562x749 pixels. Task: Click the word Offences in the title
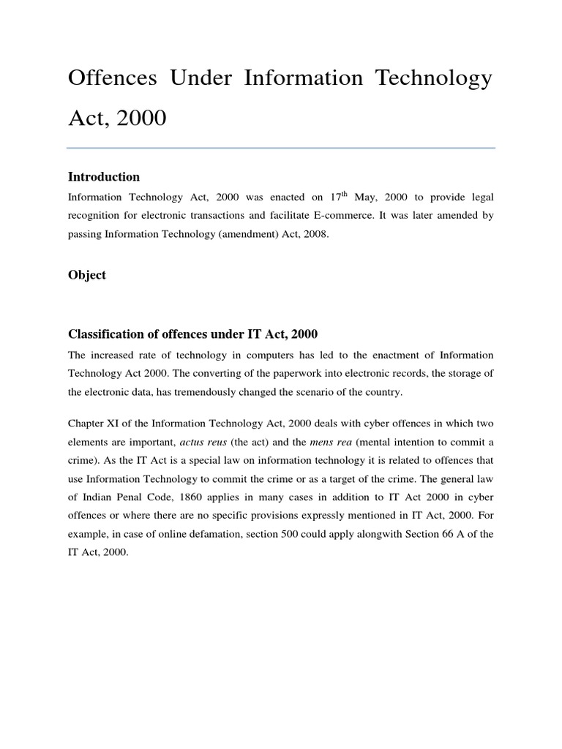point(112,79)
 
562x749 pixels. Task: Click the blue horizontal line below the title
point(281,148)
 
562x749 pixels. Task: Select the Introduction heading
point(104,177)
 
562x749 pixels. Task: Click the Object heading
point(87,275)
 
